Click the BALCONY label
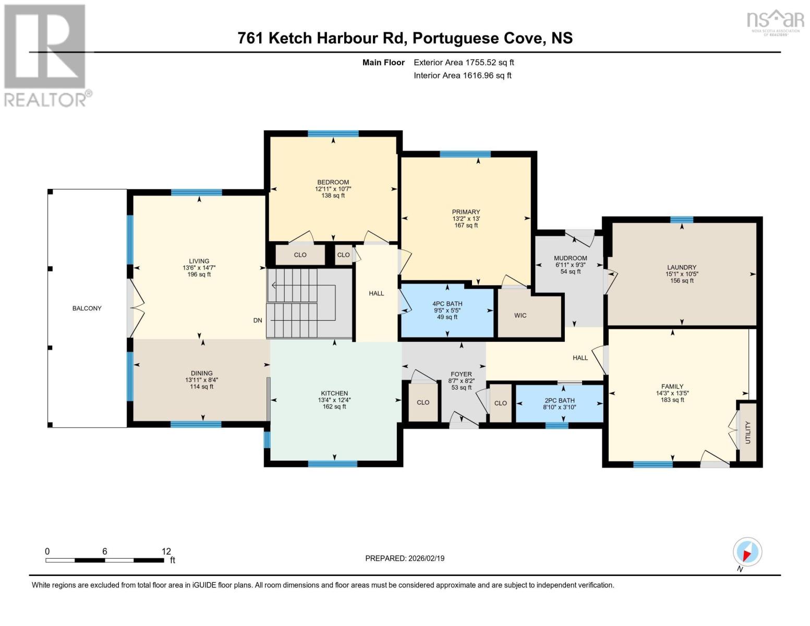pyautogui.click(x=87, y=308)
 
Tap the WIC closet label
pyautogui.click(x=520, y=316)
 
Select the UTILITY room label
pyautogui.click(x=747, y=432)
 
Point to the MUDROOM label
pyautogui.click(x=570, y=258)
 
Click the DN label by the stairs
pyautogui.click(x=258, y=320)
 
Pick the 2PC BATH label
pyautogui.click(x=559, y=401)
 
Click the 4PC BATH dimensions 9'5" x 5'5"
pyautogui.click(x=447, y=310)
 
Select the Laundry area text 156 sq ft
pyautogui.click(x=682, y=281)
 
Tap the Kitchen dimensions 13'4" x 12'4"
pyautogui.click(x=334, y=400)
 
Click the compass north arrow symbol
pyautogui.click(x=747, y=552)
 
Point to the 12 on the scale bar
pyautogui.click(x=166, y=551)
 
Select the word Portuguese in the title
pyautogui.click(x=456, y=38)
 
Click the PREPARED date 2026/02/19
pyautogui.click(x=425, y=558)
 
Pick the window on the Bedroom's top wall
pyautogui.click(x=333, y=134)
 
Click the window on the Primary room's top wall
pyautogui.click(x=465, y=154)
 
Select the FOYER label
pyautogui.click(x=461, y=374)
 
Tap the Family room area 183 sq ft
pyautogui.click(x=672, y=400)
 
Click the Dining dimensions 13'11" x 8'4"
pyautogui.click(x=201, y=380)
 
